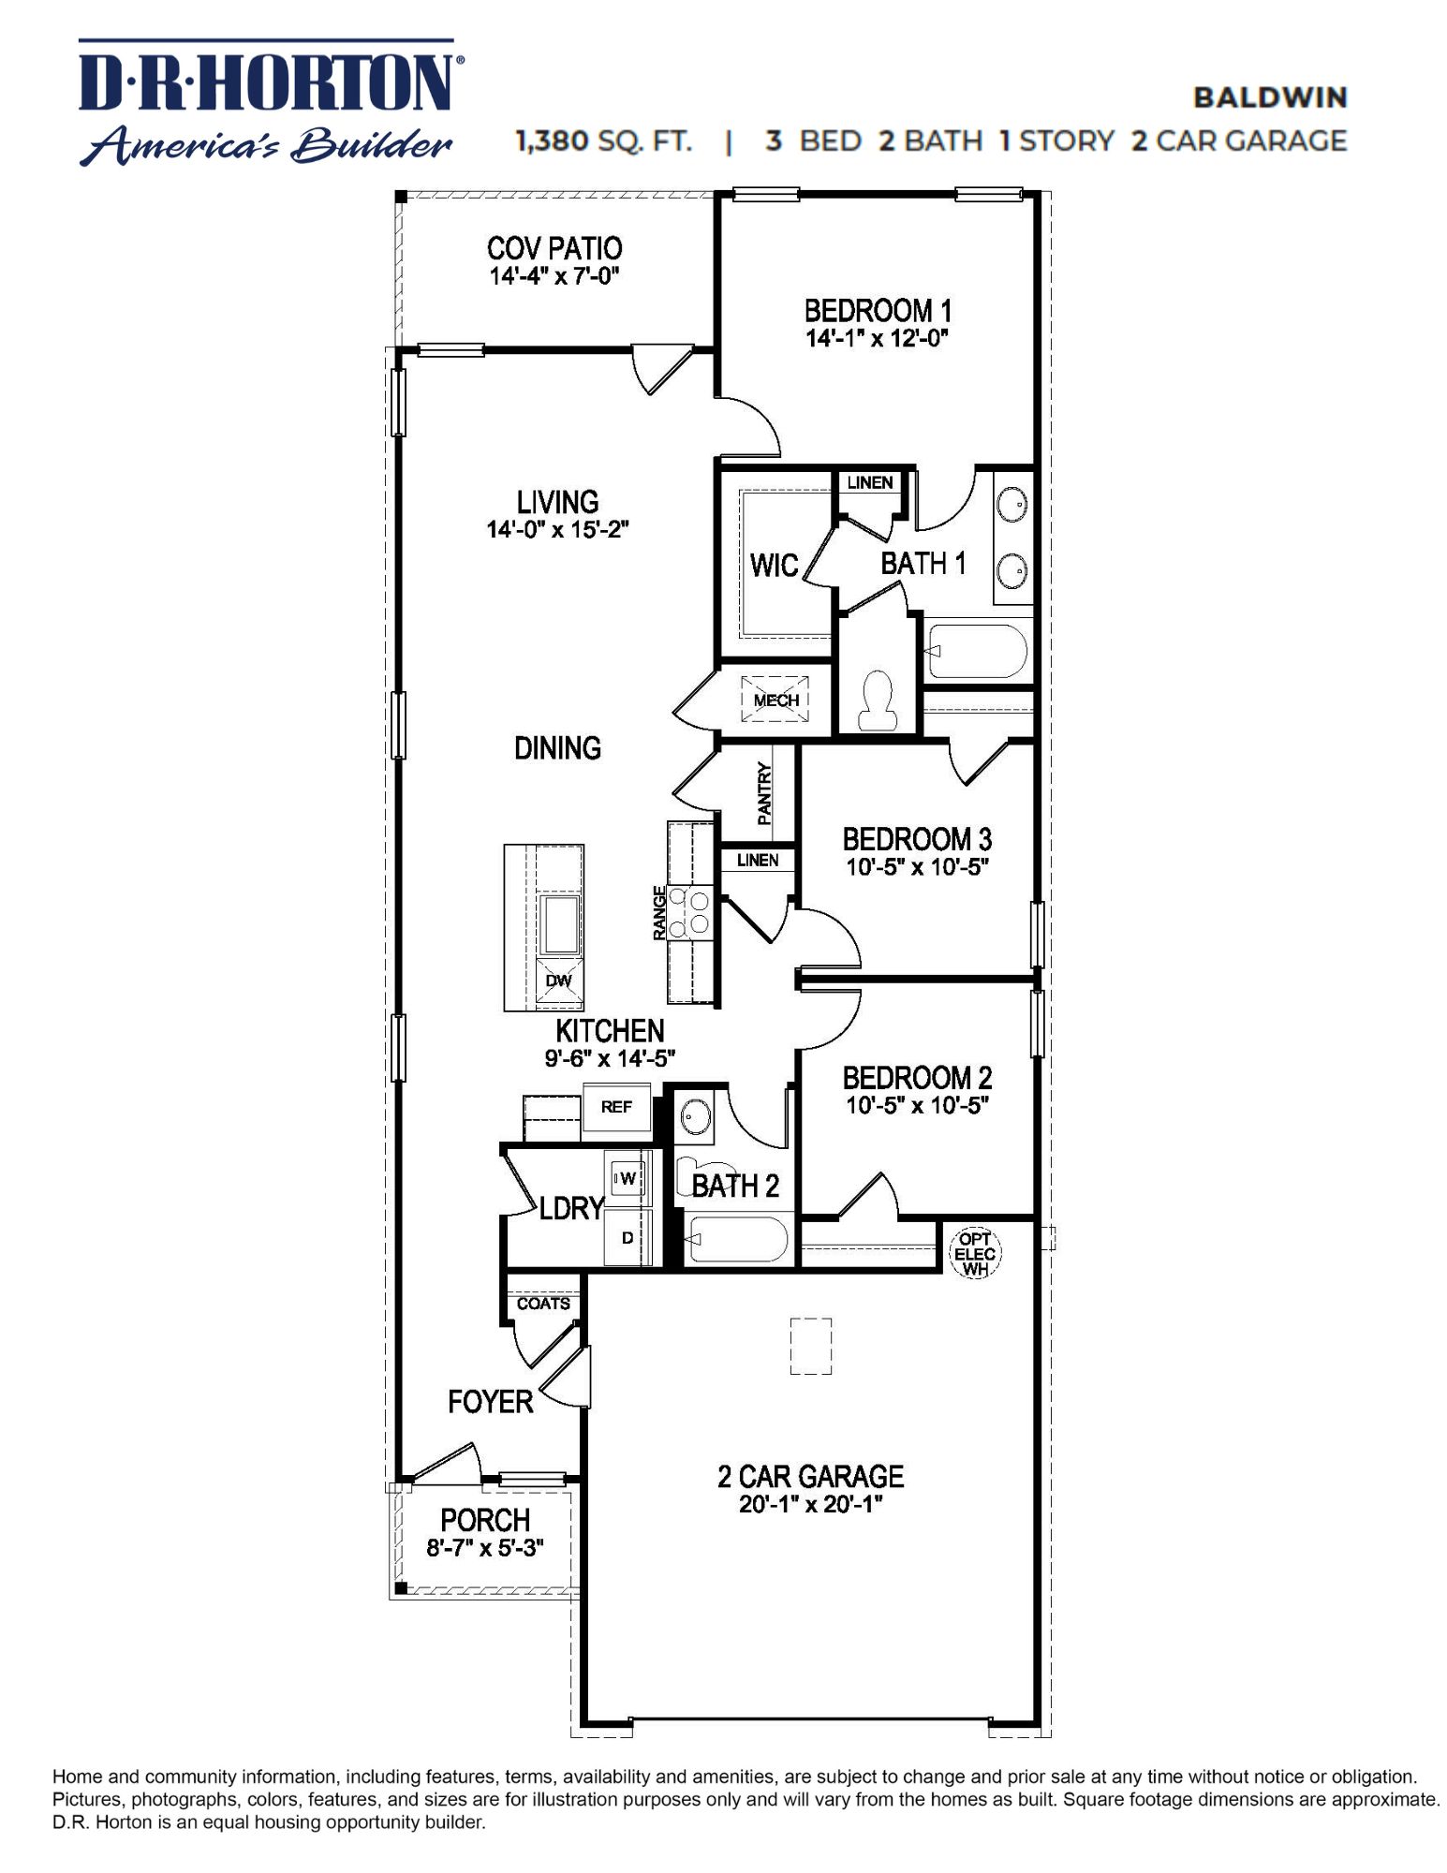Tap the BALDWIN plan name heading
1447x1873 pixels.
click(1269, 97)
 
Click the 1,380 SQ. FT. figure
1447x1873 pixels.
click(604, 141)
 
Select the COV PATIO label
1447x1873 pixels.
click(554, 248)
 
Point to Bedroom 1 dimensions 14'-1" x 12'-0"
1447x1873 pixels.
click(878, 338)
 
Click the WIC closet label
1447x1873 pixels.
click(774, 565)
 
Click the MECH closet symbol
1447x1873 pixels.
click(775, 700)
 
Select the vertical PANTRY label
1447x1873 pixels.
click(764, 793)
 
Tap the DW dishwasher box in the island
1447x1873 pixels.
click(558, 981)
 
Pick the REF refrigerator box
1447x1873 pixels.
click(616, 1107)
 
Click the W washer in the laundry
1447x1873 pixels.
click(626, 1178)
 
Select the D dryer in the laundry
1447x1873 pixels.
click(628, 1237)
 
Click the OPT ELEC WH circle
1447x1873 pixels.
click(975, 1254)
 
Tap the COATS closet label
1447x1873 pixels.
click(543, 1304)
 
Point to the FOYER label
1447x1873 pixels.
click(490, 1402)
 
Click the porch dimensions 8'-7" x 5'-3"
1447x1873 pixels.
click(485, 1548)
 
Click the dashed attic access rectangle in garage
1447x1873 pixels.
click(810, 1346)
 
